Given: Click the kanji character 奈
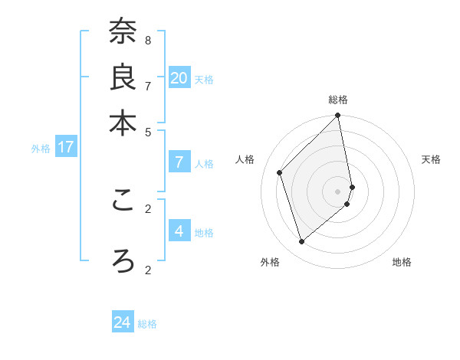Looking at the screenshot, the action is point(123,31).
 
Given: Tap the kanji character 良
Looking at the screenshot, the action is point(123,77).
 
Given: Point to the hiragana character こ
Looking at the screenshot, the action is point(123,200).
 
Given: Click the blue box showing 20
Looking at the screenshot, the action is point(179,78).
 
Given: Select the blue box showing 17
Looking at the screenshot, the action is point(66,147).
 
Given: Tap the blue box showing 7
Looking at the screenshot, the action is point(179,162).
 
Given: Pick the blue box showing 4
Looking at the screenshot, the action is point(179,231).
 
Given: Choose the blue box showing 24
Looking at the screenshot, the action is point(123,322).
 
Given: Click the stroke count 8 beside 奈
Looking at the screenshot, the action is point(148,40).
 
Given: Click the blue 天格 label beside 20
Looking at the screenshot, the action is point(204,80).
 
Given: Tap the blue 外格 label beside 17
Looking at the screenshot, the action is point(41,149).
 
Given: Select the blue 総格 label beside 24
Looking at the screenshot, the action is point(147,324).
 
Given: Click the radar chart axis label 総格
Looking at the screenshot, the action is point(338,100).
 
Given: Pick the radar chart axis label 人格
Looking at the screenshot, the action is point(245,159).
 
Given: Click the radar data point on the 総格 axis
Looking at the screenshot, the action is point(337,116).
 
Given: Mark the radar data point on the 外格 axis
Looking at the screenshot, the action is point(301,242).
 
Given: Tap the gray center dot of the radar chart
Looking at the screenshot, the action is point(337,191).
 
